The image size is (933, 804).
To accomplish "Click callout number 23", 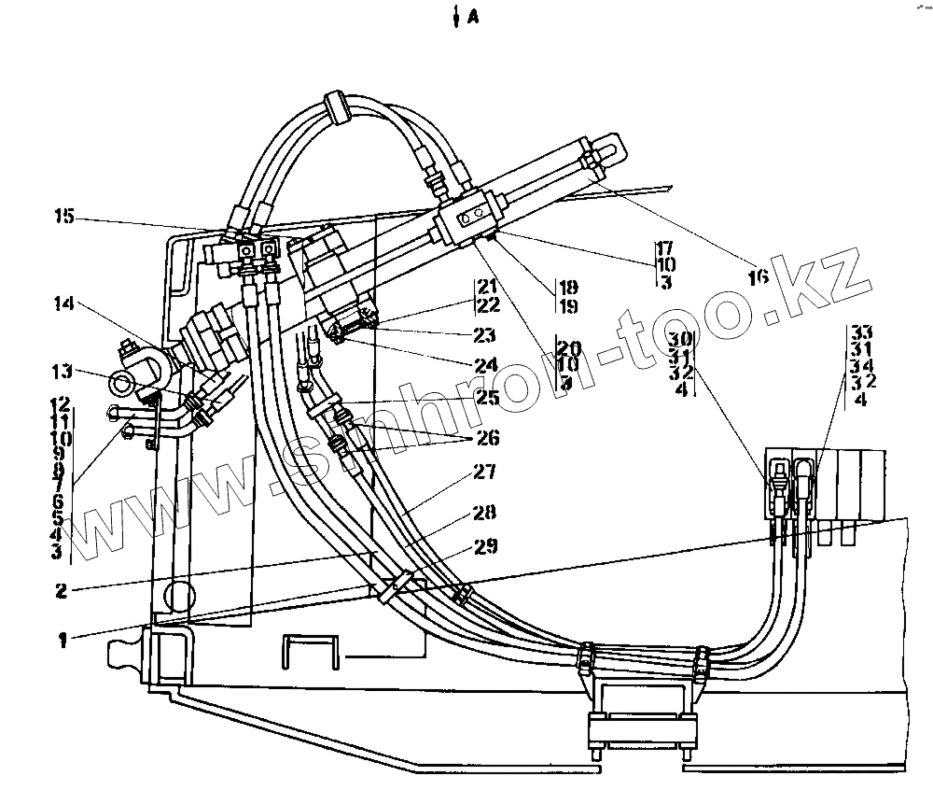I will pos(483,334).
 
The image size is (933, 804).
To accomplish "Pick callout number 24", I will pos(483,364).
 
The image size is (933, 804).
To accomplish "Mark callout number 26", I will pos(487,436).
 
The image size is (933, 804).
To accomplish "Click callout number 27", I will pos(483,473).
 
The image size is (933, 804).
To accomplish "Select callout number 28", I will pos(483,512).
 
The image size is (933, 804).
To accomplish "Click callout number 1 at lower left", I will pos(63,641).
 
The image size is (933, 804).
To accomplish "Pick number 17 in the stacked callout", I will pos(664,249).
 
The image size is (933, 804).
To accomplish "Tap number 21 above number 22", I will pos(487,286).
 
